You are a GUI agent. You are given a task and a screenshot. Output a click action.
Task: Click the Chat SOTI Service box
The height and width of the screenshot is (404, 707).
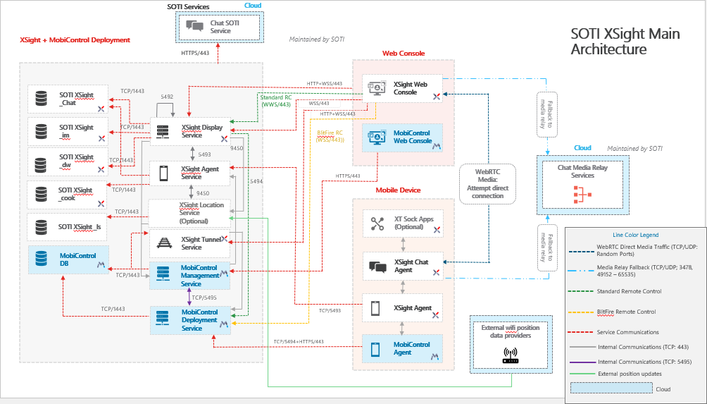coord(219,27)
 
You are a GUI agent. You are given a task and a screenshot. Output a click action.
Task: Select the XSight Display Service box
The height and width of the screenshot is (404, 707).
coord(191,131)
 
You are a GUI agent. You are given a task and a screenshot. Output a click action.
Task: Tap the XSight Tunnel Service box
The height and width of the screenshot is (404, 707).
coord(191,243)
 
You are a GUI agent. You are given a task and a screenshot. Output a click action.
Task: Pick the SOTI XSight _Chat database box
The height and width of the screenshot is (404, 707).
coord(68,99)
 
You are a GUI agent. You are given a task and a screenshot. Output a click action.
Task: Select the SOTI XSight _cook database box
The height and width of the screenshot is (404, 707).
coord(68,194)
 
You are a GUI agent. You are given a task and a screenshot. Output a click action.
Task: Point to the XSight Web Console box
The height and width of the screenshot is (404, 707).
coord(403,88)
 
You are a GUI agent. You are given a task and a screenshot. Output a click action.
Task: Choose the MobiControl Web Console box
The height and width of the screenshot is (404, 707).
coord(403,137)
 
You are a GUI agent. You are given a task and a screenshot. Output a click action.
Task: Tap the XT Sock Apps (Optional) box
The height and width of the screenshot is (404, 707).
coord(403,224)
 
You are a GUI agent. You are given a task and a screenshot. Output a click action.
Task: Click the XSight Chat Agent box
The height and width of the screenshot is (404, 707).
coord(403,267)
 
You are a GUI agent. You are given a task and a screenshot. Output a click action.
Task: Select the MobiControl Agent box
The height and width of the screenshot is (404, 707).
coord(403,348)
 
